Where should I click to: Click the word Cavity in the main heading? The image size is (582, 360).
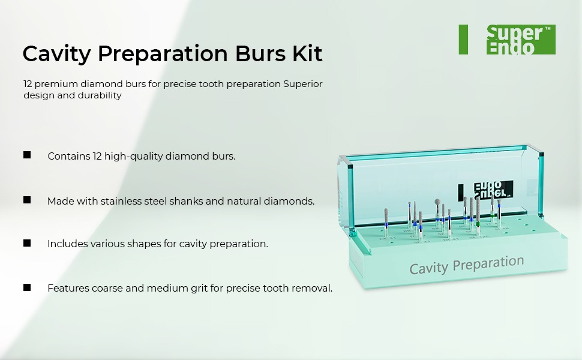coord(56,54)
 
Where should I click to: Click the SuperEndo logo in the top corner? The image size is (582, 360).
coord(520,40)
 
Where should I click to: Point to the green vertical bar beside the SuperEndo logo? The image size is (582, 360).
coord(463,40)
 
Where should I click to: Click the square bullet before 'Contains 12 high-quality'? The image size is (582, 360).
coord(27,155)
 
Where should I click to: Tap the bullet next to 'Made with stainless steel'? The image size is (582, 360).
coord(27,200)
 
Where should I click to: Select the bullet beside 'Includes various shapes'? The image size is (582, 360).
coord(27,243)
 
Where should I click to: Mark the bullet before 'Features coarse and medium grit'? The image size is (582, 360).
coord(27,287)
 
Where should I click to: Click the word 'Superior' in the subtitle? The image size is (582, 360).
coord(303,84)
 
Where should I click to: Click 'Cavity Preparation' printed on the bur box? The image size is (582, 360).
coord(466,265)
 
